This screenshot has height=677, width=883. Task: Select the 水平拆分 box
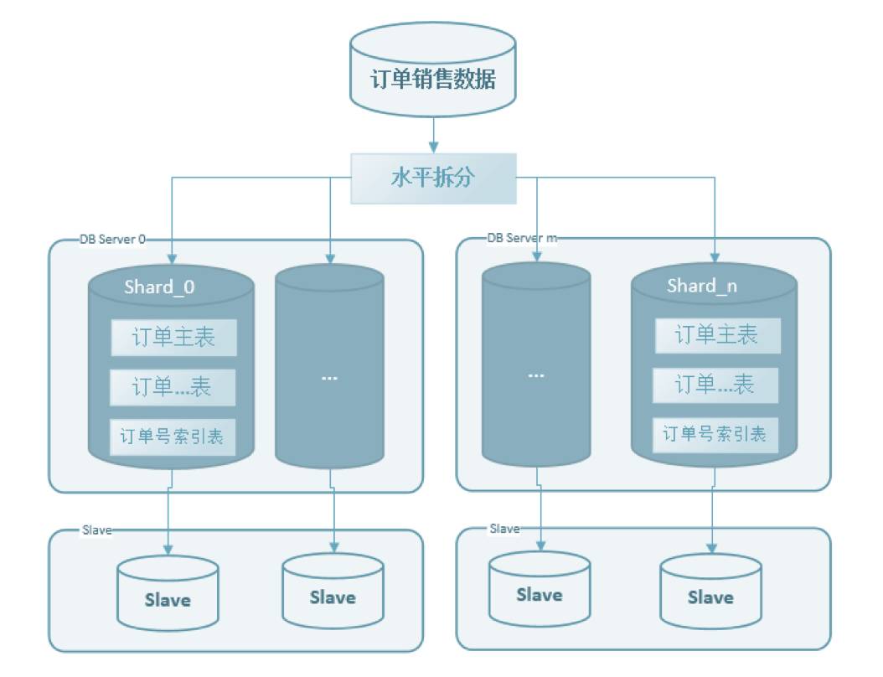tap(432, 178)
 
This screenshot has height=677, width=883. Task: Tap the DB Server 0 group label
tap(112, 239)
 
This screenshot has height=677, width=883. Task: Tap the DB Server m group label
tap(522, 238)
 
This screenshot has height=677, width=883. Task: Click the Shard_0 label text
tap(159, 287)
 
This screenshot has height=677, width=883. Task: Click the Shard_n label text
tap(702, 286)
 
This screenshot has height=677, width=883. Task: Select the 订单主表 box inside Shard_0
tap(173, 337)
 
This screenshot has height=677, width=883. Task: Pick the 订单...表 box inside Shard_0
tap(173, 386)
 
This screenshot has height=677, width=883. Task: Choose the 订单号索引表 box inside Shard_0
tap(173, 436)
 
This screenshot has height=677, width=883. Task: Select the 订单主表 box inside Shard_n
tap(716, 335)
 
